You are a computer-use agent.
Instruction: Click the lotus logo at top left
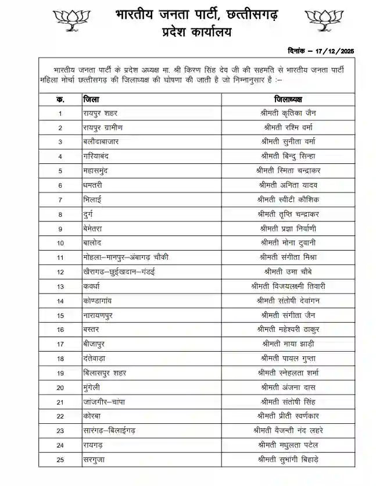pos(72,19)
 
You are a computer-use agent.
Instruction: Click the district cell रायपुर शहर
pos(100,113)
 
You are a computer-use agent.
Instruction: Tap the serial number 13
pos(60,286)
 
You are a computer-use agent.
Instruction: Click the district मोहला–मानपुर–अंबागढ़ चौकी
pos(126,257)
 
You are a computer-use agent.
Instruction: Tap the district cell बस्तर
pos(91,329)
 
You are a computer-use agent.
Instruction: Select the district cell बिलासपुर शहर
pos(104,373)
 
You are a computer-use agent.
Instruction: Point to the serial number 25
pos(60,459)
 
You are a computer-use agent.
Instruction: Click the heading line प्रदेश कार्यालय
pos(196,33)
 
